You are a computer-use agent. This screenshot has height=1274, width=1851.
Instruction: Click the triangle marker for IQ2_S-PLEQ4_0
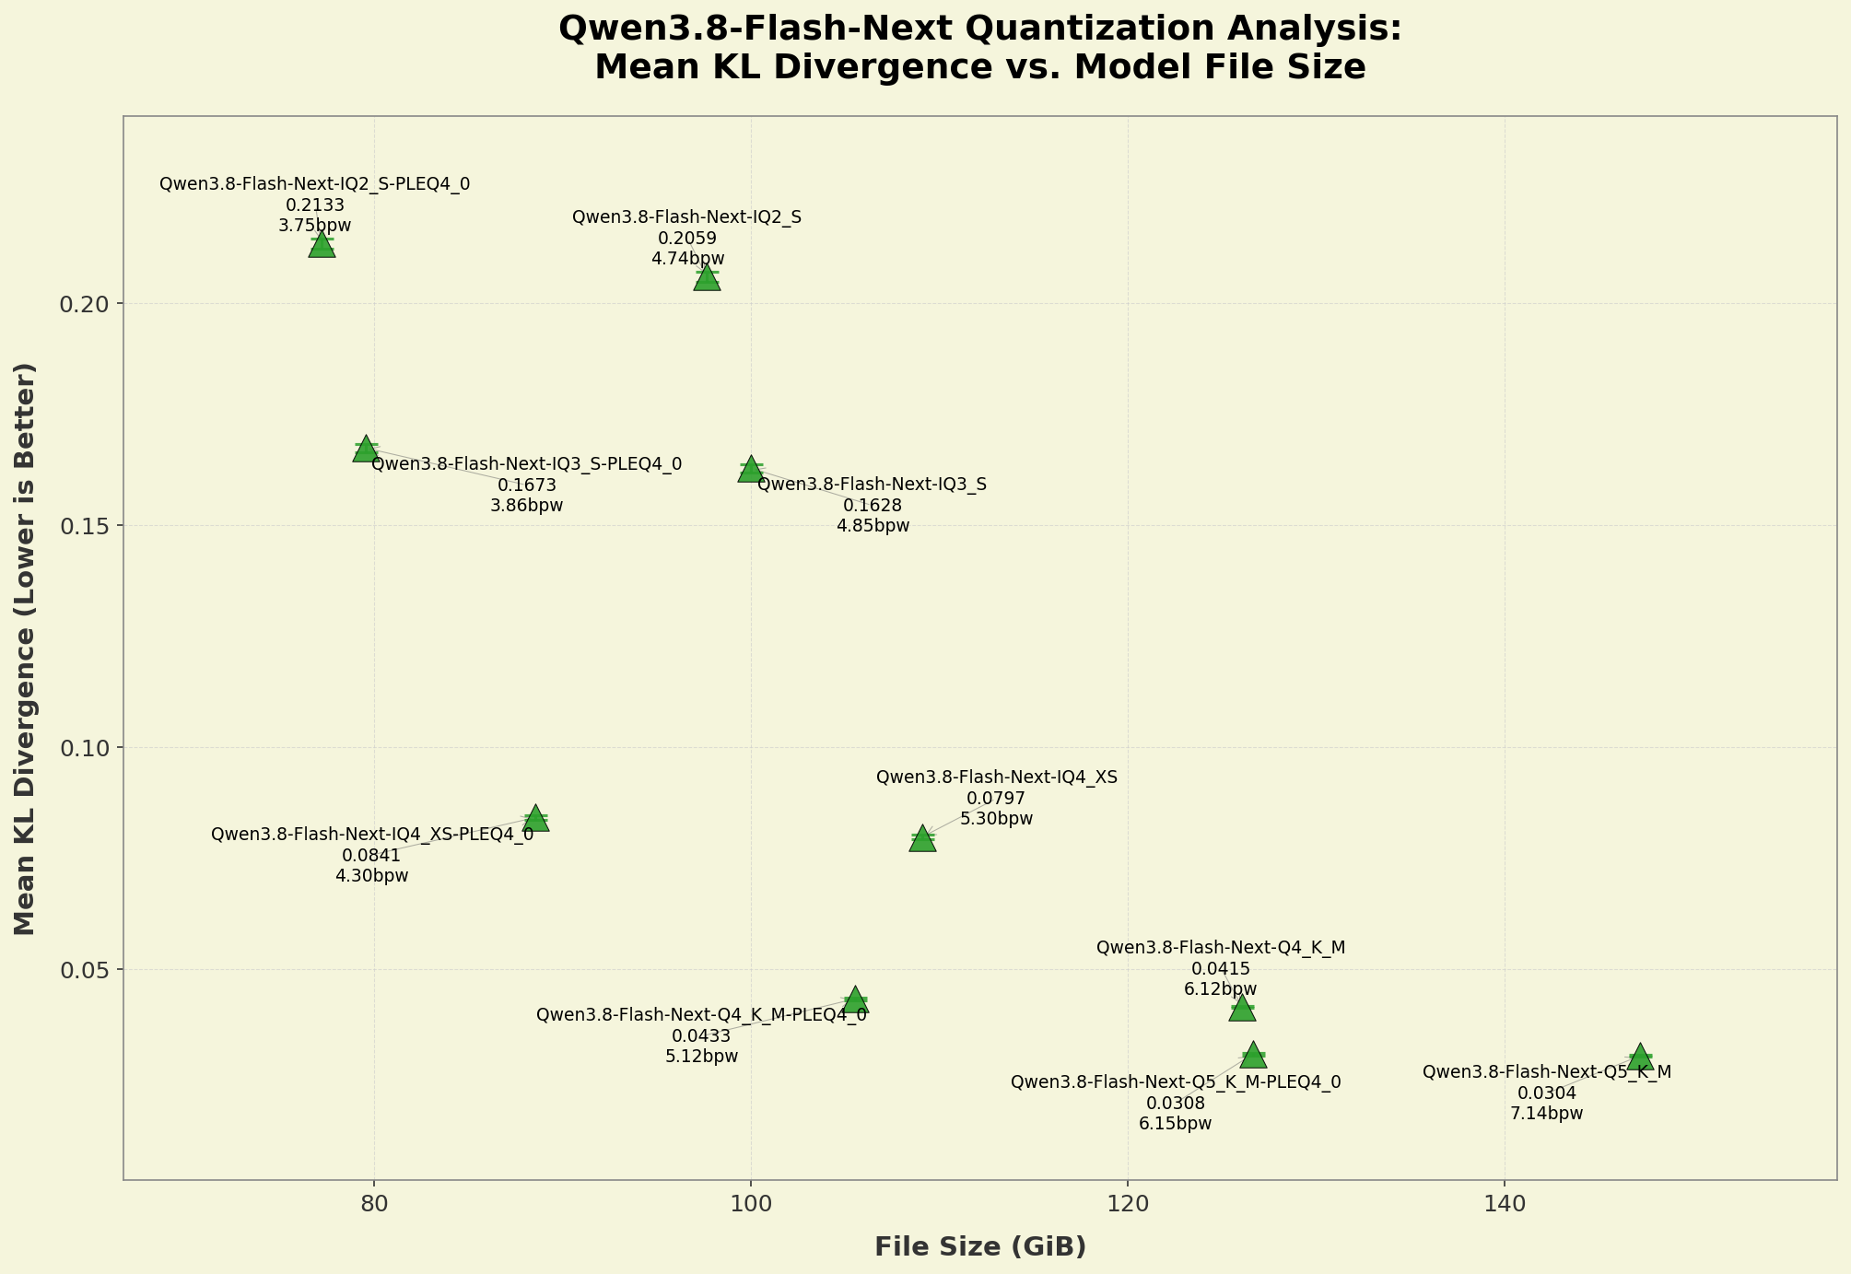322,245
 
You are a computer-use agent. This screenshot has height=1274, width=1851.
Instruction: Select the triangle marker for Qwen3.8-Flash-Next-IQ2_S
707,277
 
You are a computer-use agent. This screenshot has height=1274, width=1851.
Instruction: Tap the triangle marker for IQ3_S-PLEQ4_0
366,449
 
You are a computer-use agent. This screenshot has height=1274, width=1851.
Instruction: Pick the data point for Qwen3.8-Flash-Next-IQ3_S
751,469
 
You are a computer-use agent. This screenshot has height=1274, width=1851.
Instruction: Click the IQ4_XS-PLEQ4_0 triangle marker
536,818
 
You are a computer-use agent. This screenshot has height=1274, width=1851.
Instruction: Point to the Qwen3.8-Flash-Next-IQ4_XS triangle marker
922,838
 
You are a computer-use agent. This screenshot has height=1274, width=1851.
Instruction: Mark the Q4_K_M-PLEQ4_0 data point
855,999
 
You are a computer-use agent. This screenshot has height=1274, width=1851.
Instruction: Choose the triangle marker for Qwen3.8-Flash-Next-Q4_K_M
1242,1008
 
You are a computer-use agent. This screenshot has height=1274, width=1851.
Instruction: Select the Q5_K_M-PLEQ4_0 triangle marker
1253,1055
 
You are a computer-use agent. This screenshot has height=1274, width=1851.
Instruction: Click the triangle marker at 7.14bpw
1639,1057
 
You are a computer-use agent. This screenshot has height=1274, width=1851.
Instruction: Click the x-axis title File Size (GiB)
980,1247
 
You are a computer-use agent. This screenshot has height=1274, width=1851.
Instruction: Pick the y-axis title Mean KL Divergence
25,649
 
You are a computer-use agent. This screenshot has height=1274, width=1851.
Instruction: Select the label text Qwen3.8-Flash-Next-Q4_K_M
1221,948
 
